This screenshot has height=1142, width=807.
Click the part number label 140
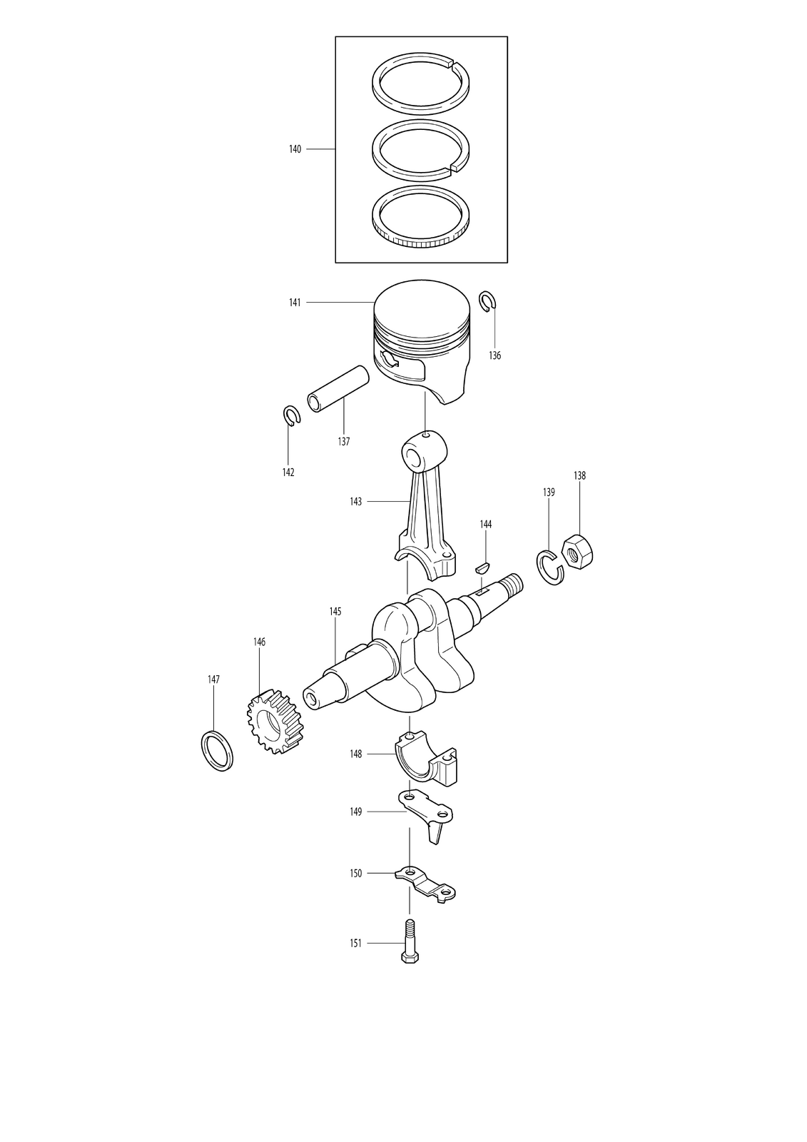pyautogui.click(x=295, y=149)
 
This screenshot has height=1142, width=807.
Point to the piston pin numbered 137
pyautogui.click(x=337, y=388)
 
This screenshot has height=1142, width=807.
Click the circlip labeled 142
pyautogui.click(x=292, y=415)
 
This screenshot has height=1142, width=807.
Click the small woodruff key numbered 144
pyautogui.click(x=482, y=567)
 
